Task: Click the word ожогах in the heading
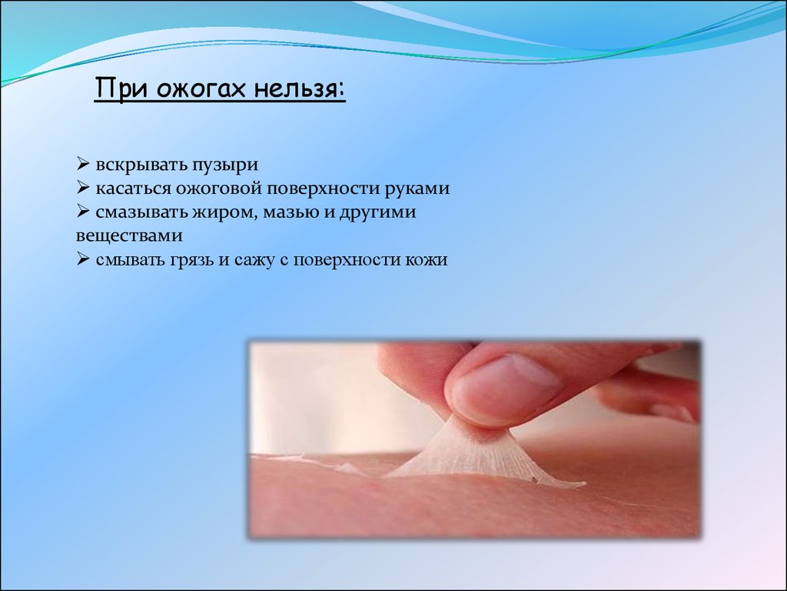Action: point(201,89)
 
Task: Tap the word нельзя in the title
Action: point(294,89)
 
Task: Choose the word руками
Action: point(417,189)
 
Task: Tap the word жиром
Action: point(226,212)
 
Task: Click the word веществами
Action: point(129,235)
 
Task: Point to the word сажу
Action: point(254,260)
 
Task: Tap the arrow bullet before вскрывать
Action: point(83,164)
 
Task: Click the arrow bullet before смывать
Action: point(83,259)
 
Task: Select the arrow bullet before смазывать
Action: point(83,212)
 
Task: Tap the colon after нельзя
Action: point(341,91)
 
